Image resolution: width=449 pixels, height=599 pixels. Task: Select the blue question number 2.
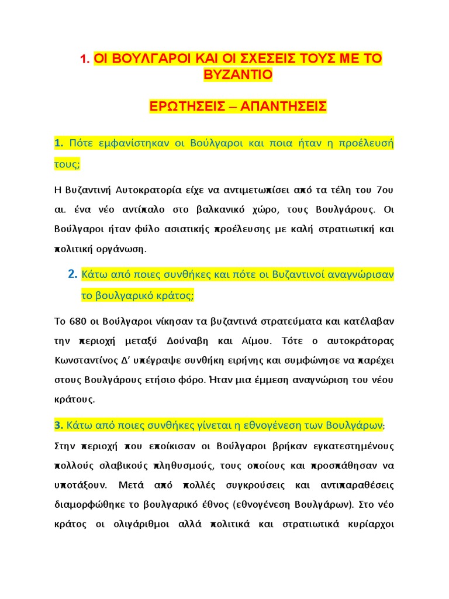point(72,274)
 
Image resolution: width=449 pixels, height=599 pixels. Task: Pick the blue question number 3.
point(58,424)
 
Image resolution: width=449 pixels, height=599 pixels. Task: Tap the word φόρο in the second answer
point(191,380)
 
